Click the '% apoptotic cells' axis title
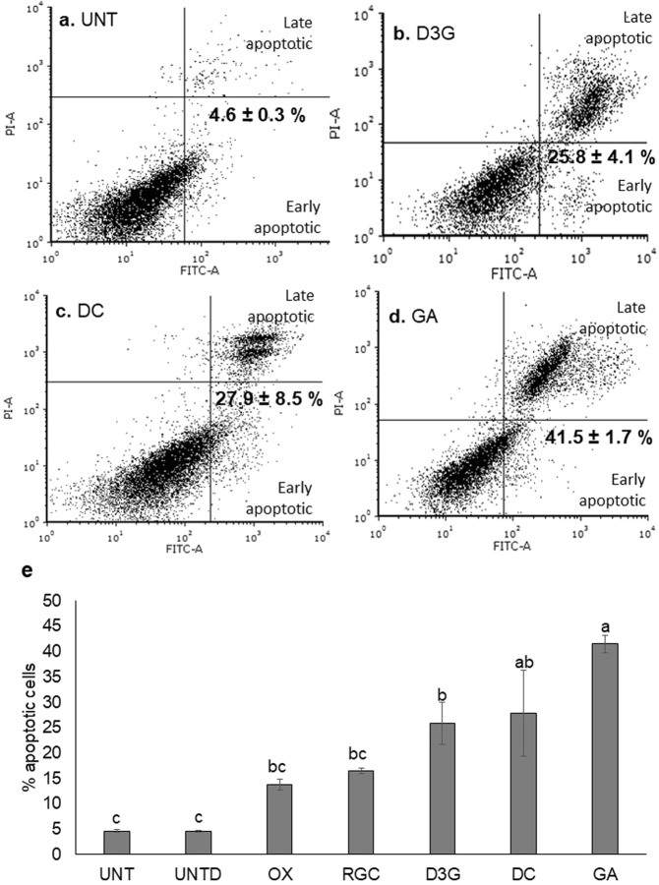point(22,727)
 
